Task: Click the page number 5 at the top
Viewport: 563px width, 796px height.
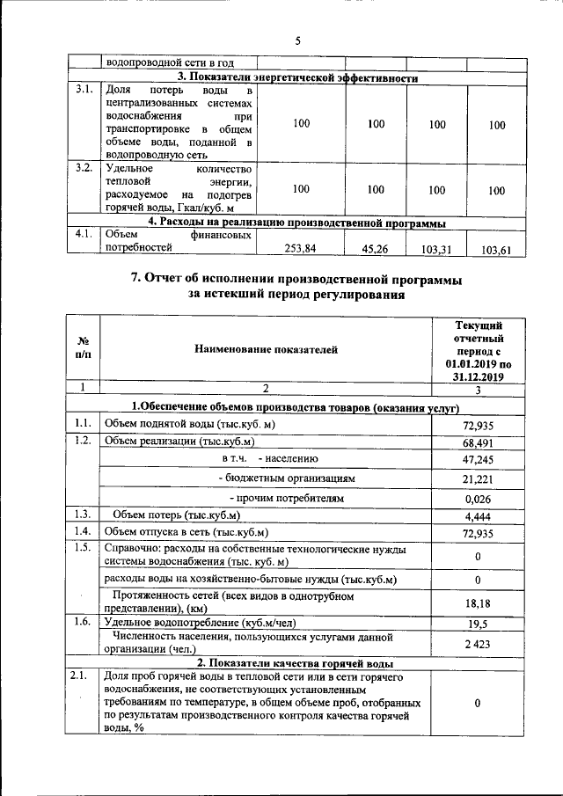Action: tap(297, 40)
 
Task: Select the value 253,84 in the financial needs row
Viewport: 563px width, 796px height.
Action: tap(301, 249)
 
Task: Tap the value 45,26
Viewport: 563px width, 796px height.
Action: tap(376, 249)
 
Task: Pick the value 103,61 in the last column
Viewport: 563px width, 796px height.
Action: tap(496, 250)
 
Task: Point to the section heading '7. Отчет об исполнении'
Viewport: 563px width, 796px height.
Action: tap(296, 279)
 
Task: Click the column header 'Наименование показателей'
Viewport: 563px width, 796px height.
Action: tap(266, 350)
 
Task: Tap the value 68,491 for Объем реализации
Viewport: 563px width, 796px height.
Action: tap(477, 442)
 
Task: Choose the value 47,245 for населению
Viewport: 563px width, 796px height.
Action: tap(477, 459)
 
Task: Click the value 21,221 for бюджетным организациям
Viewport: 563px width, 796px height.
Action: tap(477, 478)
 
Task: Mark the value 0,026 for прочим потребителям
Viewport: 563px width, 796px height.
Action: tap(477, 498)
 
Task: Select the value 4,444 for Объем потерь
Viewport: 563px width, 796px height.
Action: tap(477, 515)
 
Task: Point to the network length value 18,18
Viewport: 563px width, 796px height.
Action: tap(477, 603)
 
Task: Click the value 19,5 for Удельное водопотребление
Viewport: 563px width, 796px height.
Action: tap(477, 624)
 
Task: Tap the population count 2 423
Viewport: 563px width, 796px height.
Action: tap(477, 644)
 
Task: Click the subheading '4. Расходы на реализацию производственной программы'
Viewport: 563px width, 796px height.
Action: tap(296, 222)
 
